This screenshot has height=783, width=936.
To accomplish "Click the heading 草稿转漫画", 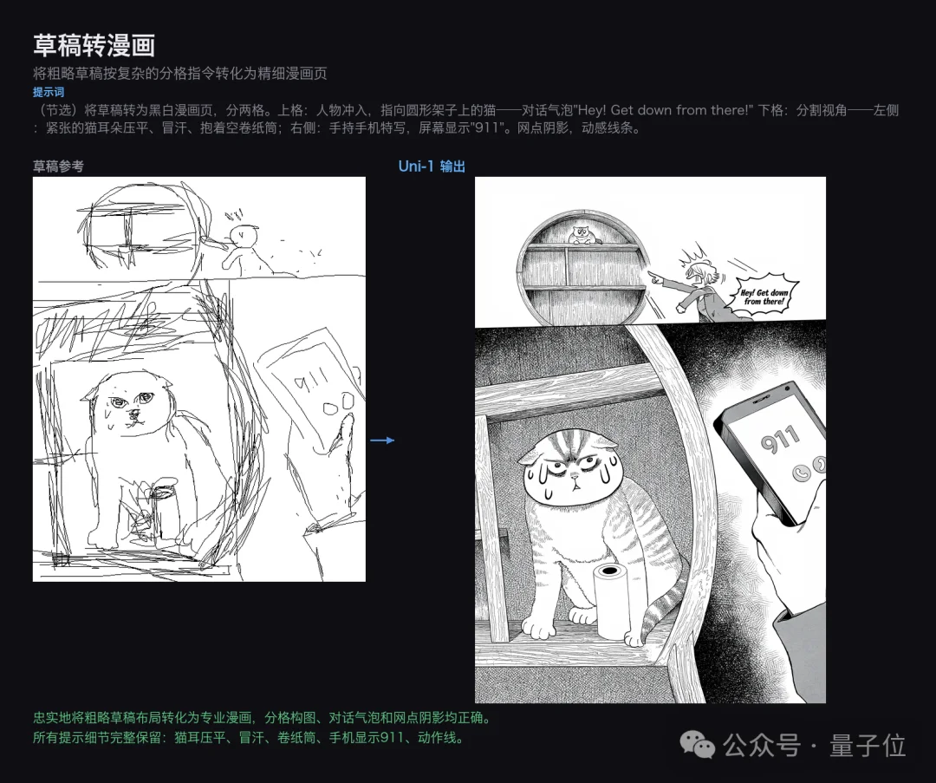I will pos(94,45).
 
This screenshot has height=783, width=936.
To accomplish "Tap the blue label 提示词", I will pos(49,92).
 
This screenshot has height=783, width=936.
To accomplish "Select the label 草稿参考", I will pos(58,166).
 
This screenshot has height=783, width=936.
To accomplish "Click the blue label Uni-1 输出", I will pos(432,166).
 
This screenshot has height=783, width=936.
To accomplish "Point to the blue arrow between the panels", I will pos(382,440).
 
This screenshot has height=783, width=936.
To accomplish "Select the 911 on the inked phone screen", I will pos(780,440).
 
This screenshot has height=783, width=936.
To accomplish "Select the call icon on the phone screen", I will pos(803,469).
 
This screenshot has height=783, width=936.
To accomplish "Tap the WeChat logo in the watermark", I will pos(697,744).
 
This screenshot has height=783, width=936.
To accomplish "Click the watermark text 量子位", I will pos(867,745).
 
